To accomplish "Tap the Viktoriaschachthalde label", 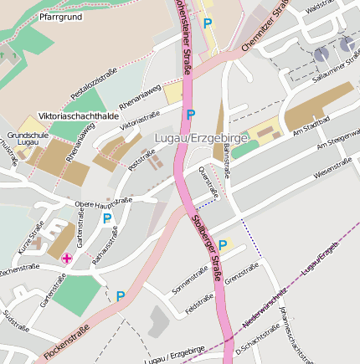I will coord(79,115).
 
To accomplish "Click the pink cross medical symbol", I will coord(66,259).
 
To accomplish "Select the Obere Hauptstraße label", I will coord(104,203).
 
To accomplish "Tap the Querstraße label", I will coord(208,181).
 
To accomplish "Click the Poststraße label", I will coord(141,160).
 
